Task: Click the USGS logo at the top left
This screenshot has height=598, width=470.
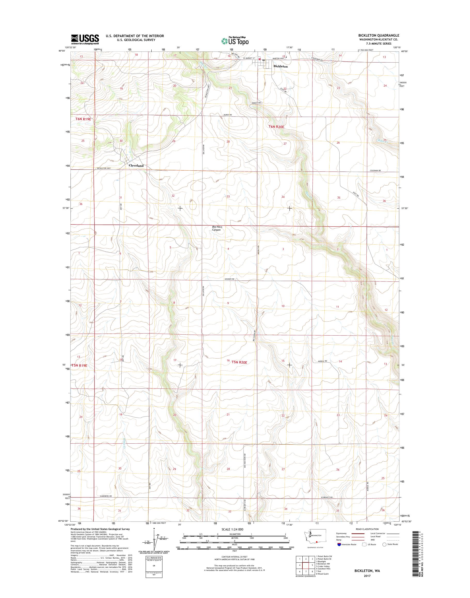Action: pyautogui.click(x=85, y=39)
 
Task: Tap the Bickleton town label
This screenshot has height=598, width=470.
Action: pyautogui.click(x=280, y=67)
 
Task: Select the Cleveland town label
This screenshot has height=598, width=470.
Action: pyautogui.click(x=136, y=166)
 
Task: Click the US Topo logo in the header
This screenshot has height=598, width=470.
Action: pyautogui.click(x=235, y=41)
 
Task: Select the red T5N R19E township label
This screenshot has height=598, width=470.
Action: pyautogui.click(x=79, y=366)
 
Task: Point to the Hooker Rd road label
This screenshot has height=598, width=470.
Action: pyautogui.click(x=229, y=279)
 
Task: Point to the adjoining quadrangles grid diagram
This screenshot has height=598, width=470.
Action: pyautogui.click(x=305, y=569)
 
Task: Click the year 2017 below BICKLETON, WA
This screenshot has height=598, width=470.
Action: pyautogui.click(x=367, y=576)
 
